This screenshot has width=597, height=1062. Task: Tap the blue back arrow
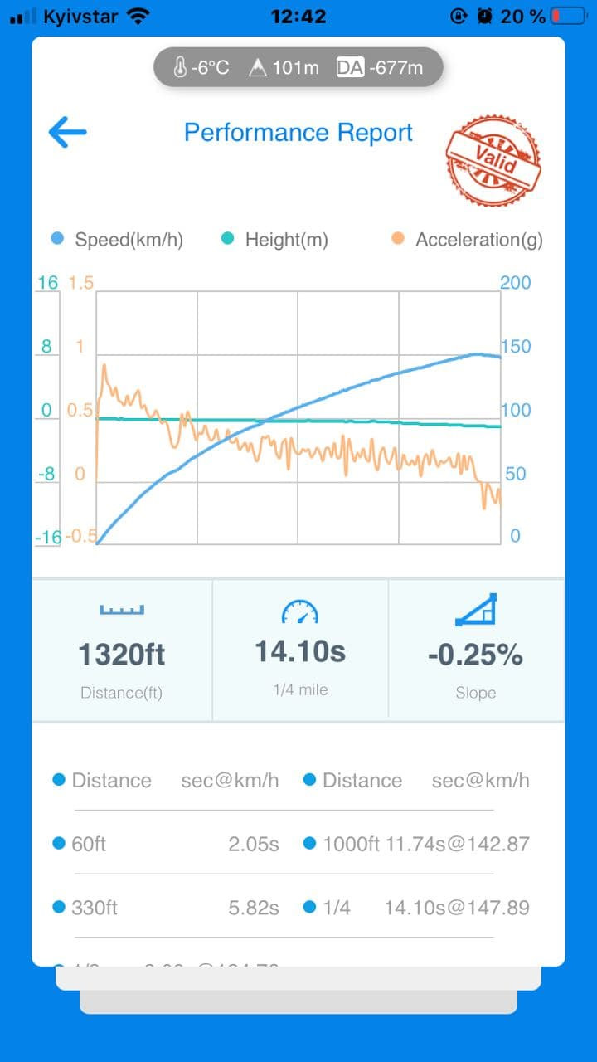67,132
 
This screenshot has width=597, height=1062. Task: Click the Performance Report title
298,133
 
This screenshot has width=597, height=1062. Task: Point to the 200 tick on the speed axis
515,282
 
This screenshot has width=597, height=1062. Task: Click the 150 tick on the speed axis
515,347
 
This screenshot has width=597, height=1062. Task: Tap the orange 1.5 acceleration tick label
81,283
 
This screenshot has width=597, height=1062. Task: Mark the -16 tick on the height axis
48,537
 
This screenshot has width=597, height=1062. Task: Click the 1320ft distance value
122,655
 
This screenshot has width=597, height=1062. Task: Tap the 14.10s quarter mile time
300,651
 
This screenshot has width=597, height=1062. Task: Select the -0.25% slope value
475,655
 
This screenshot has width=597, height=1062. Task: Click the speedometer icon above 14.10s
300,612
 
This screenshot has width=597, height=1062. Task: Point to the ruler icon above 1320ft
122,611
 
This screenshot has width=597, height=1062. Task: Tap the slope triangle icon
476,610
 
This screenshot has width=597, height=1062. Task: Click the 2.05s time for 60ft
254,844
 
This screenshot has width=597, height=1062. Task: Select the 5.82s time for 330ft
254,907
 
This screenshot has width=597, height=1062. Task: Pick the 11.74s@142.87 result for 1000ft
458,844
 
